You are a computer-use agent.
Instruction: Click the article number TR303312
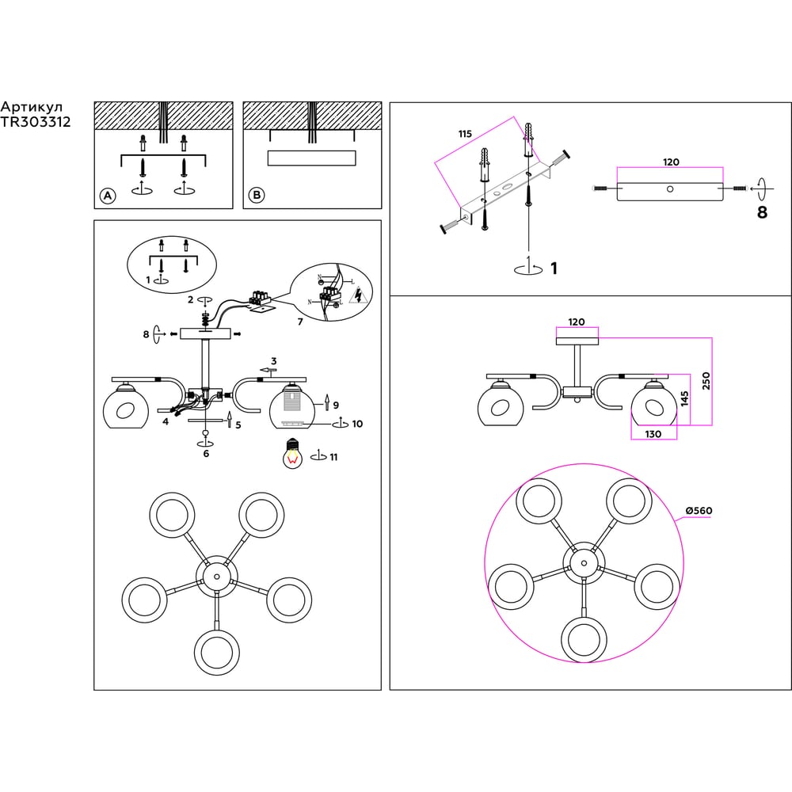[36, 122]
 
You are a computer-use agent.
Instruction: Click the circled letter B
[256, 195]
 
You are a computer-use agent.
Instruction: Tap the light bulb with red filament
[294, 455]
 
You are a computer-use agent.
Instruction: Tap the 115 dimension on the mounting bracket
[464, 135]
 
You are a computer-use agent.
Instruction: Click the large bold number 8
[762, 212]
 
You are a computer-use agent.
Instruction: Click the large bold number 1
[554, 269]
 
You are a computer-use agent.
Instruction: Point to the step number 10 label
[357, 424]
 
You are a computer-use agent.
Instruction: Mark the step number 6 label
[206, 453]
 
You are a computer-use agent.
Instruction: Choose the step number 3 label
[273, 360]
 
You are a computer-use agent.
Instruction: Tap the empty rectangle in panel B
[311, 158]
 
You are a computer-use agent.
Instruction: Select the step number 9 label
[336, 405]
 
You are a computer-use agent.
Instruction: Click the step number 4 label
[166, 421]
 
